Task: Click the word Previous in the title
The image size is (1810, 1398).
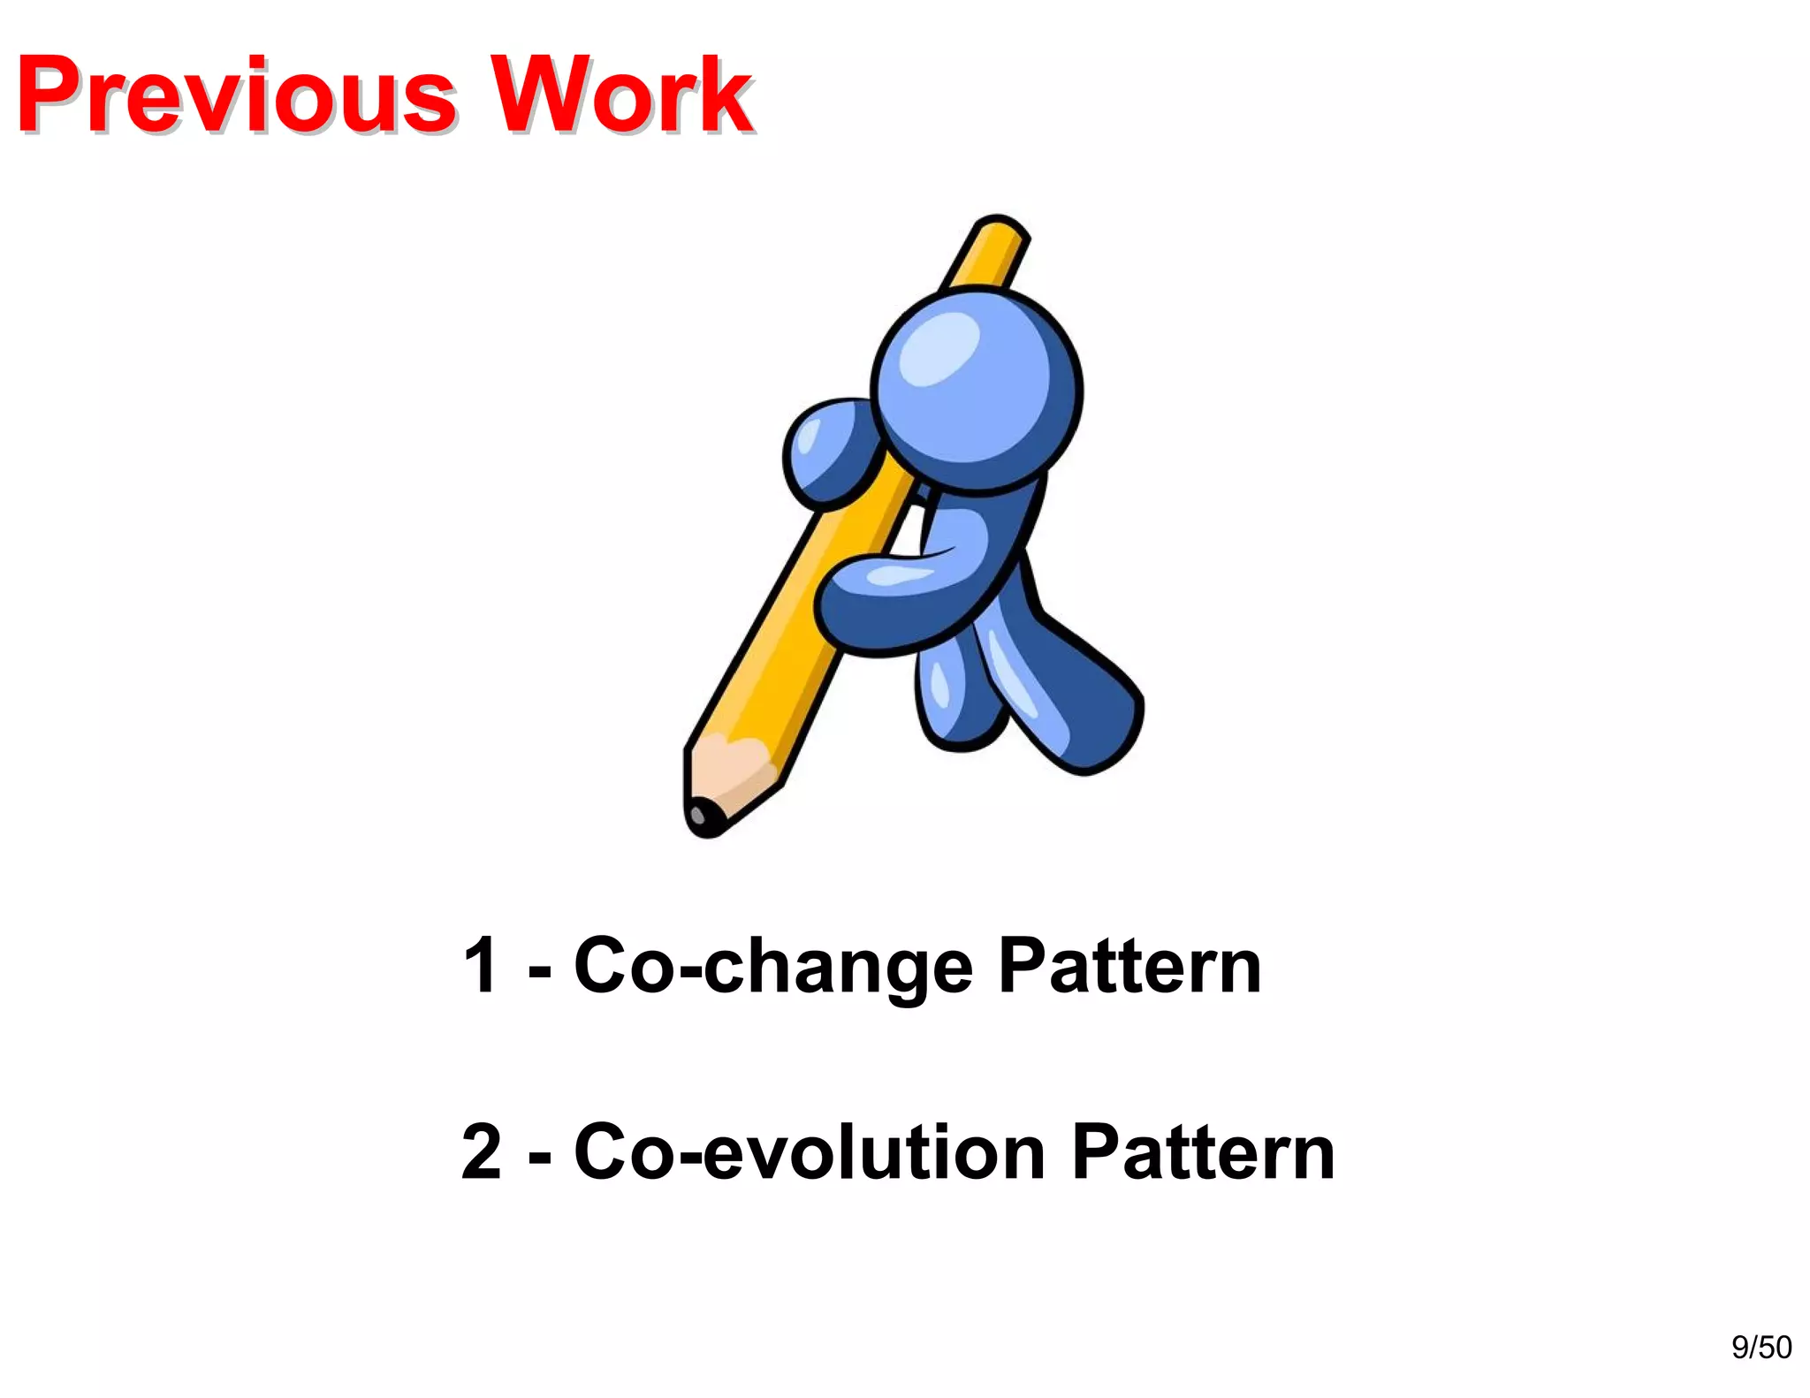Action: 235,95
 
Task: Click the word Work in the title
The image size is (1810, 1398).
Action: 620,95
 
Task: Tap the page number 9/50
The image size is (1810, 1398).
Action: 1761,1347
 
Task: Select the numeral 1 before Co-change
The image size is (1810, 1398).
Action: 480,966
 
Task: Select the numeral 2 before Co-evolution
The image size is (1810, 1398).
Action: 483,1151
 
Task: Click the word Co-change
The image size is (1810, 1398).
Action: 773,966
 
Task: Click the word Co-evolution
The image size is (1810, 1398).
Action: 810,1151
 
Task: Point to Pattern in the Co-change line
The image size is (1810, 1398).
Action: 1129,966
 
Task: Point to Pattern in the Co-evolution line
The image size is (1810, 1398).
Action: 1203,1151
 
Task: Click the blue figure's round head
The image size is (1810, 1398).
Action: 977,389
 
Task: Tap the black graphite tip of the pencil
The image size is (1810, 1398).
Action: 704,818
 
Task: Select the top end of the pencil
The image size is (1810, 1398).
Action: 1000,232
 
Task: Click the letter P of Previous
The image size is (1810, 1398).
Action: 53,95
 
